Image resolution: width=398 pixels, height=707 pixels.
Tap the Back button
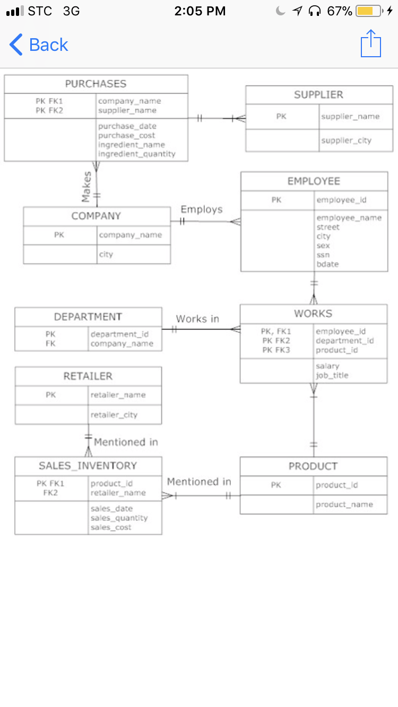[39, 45]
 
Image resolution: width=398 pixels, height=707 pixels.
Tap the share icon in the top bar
[371, 43]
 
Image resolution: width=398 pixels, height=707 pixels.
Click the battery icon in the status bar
[369, 11]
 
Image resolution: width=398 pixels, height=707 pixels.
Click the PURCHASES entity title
[96, 84]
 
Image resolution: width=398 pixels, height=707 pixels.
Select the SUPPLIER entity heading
[318, 94]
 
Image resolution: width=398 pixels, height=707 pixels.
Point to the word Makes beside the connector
[86, 187]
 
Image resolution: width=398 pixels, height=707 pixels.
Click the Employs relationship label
[202, 209]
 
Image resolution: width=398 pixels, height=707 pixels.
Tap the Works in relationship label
[197, 319]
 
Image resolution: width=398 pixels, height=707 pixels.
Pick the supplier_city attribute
[346, 140]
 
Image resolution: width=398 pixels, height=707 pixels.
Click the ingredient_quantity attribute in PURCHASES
[136, 154]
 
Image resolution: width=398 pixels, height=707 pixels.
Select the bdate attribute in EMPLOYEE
[327, 264]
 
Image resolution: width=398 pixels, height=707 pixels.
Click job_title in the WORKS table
[332, 375]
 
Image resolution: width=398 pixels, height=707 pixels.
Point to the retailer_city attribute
[114, 415]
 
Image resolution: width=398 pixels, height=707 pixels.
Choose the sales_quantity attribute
[119, 518]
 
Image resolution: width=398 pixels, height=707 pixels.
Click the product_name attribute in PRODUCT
[344, 505]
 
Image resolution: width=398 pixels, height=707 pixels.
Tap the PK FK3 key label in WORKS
[276, 350]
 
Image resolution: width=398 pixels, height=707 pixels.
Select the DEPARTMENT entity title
[88, 316]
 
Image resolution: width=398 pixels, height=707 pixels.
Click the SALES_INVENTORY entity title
[88, 465]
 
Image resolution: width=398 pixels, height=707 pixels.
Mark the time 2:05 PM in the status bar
[200, 11]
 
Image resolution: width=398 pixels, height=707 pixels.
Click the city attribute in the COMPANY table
[106, 254]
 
